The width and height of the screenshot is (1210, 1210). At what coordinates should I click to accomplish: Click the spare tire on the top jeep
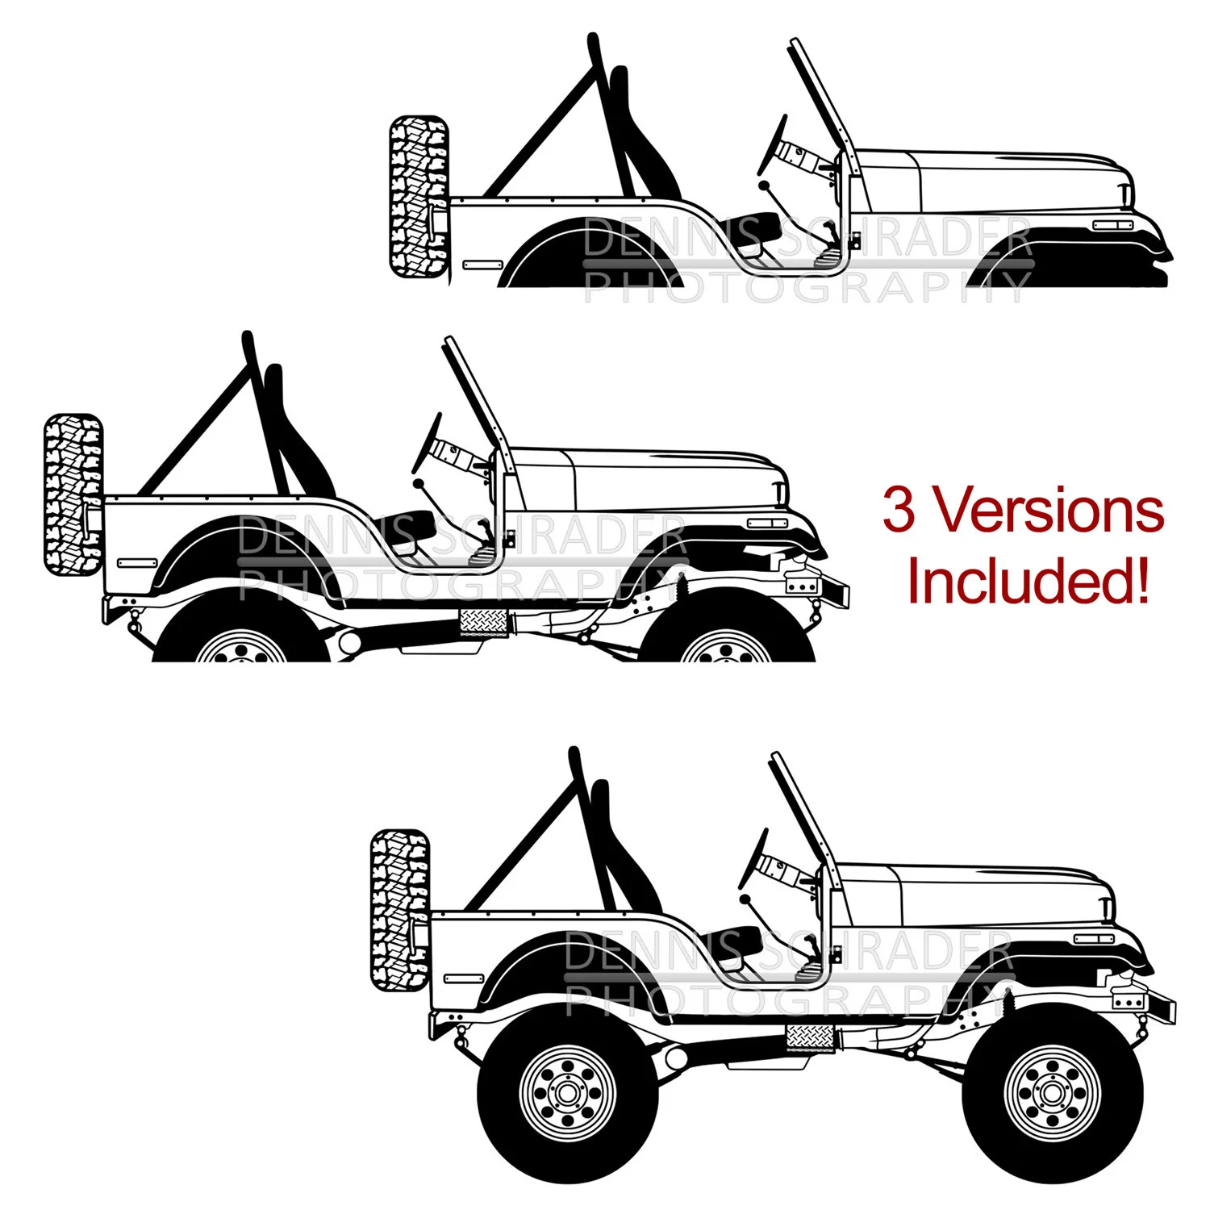(x=419, y=198)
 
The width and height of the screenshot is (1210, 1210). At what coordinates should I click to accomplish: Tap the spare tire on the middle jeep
(x=73, y=494)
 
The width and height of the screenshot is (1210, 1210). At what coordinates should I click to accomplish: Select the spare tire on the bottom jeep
(x=400, y=909)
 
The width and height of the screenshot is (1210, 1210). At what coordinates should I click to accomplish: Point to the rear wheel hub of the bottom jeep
(x=567, y=1094)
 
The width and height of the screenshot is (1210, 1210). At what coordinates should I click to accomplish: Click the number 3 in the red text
(x=899, y=511)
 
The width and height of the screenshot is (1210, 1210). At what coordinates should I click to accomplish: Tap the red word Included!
(x=1028, y=581)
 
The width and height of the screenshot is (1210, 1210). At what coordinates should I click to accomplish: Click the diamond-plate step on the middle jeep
(x=483, y=622)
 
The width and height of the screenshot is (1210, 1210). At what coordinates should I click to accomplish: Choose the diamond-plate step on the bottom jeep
(x=810, y=1037)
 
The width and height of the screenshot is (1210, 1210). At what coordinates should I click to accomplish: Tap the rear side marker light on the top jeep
(x=482, y=264)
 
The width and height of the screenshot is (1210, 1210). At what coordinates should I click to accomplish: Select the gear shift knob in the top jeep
(x=763, y=186)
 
